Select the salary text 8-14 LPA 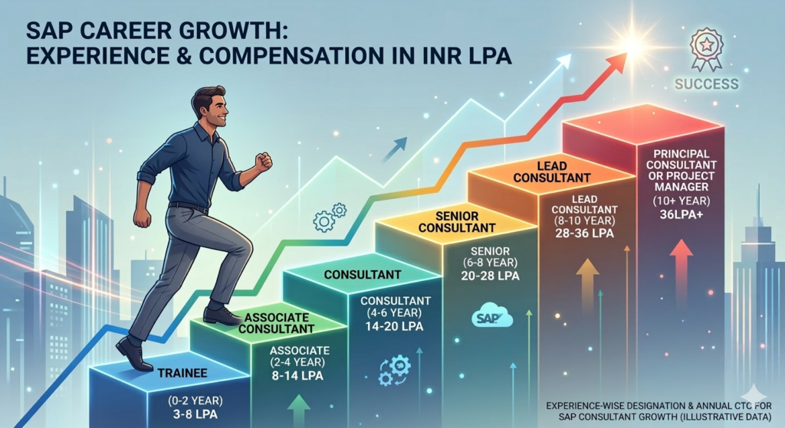(297, 376)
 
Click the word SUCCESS (708, 83)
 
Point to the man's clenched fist (264, 161)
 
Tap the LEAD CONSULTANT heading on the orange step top (541, 172)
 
